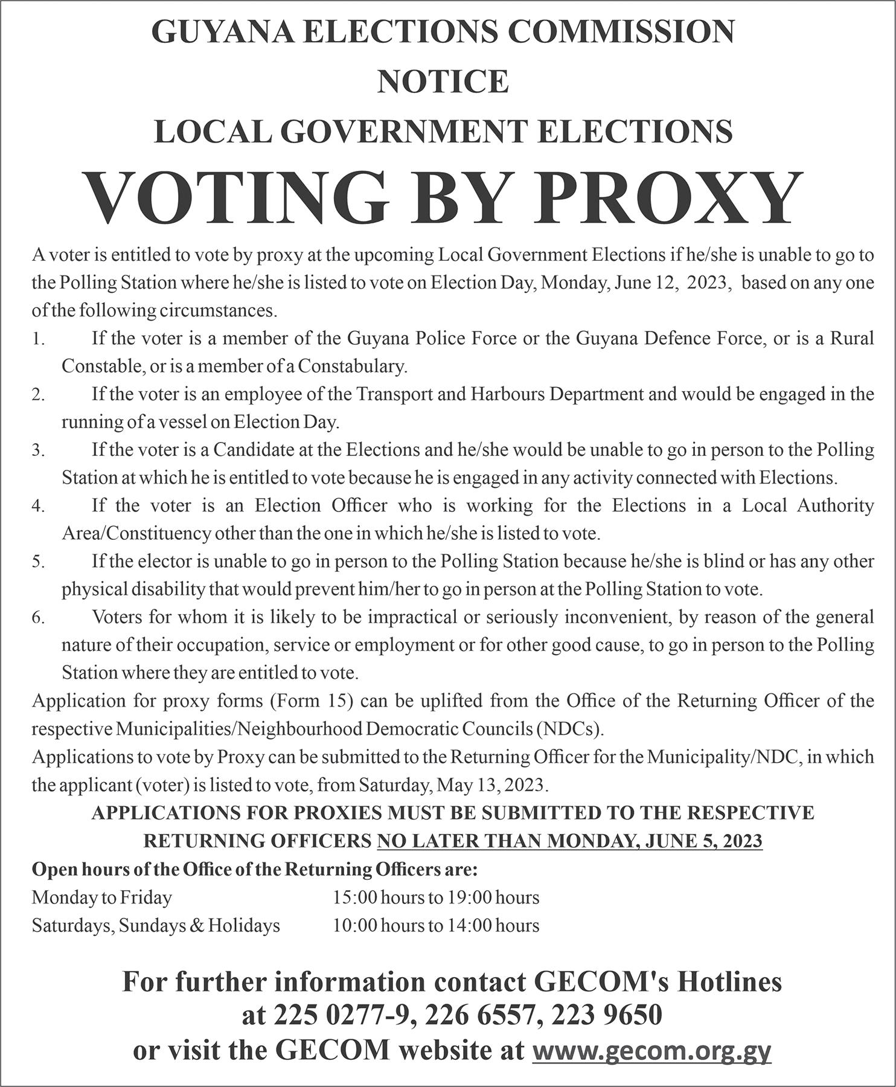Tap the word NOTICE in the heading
[443, 82]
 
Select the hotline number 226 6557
[480, 1015]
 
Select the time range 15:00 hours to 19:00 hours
[436, 897]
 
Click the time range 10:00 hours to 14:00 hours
[436, 925]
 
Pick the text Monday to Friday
[101, 897]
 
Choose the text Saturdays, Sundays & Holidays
[156, 925]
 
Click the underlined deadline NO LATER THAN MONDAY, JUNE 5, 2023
[569, 841]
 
